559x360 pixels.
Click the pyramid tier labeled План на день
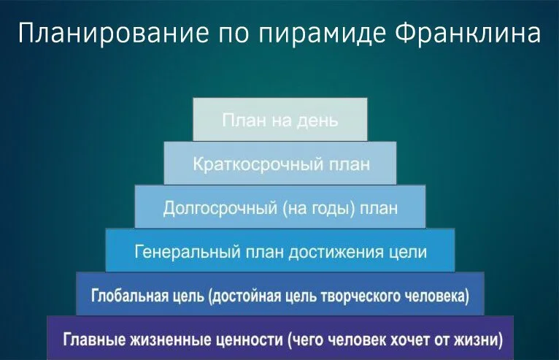click(279, 119)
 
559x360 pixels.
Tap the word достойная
click(250, 296)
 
